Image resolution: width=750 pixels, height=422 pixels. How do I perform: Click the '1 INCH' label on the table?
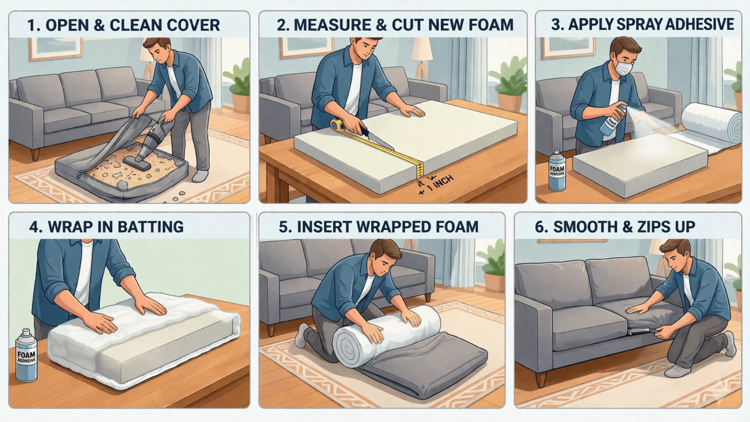point(440,183)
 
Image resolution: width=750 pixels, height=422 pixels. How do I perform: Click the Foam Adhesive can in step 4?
point(26,356)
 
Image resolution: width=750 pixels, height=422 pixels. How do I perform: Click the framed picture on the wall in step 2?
point(301,47)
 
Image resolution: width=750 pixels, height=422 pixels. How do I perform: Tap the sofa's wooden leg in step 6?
point(540,379)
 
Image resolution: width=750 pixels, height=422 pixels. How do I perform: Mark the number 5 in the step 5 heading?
point(284,227)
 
